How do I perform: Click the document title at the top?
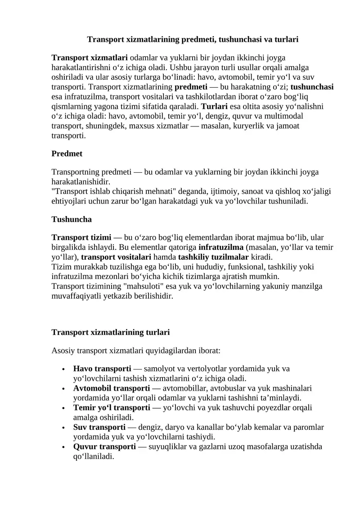193,40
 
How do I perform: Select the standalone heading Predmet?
67,153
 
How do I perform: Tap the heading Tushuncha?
72,220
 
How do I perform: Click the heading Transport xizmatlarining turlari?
111,332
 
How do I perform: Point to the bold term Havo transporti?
102,369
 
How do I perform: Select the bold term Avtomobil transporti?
112,388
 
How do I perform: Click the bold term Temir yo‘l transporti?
112,407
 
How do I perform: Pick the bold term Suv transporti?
99,427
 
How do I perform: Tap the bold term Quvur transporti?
104,446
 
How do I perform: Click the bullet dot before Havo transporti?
64,369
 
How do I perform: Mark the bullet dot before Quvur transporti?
64,447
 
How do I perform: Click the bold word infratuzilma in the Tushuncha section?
221,247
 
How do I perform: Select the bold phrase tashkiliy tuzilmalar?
213,257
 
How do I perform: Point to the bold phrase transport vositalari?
116,257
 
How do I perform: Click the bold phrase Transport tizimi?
81,237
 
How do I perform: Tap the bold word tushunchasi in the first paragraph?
312,87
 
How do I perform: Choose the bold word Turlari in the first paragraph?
214,107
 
